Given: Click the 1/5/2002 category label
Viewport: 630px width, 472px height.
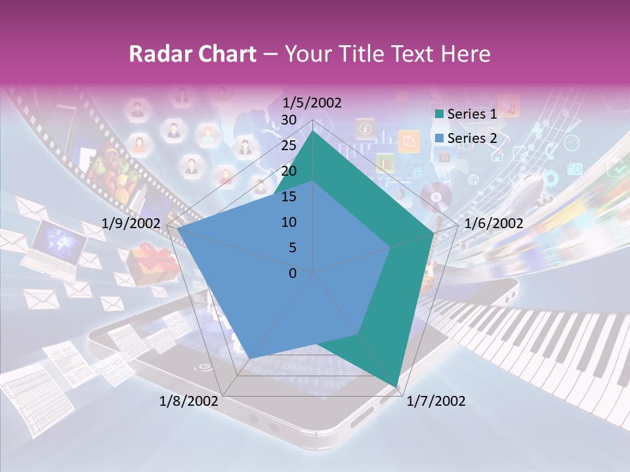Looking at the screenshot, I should point(312,103).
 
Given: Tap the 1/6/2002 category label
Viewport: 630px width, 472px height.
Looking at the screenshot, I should point(493,224).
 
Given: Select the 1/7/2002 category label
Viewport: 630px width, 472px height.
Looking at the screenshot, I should point(436,401).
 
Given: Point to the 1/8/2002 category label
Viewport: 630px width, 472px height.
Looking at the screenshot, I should point(189,401).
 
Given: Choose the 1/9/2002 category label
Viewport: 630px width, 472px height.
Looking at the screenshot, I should point(131,224).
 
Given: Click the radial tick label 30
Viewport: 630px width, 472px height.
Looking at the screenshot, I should point(289,120).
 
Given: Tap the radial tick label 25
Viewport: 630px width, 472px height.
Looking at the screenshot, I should point(289,146).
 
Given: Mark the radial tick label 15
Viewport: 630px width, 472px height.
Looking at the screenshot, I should point(289,197).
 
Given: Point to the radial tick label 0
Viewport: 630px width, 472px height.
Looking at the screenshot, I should point(293,273).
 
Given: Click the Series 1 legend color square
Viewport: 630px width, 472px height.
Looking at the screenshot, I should point(438,114).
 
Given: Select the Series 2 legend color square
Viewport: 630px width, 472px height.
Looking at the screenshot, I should point(438,138).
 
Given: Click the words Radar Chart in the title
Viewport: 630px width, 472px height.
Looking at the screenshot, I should point(192,54).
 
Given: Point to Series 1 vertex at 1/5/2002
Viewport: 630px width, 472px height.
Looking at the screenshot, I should point(312,131).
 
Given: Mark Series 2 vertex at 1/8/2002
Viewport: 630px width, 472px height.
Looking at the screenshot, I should point(250,357).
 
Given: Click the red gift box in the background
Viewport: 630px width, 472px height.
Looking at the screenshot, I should point(152,262).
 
